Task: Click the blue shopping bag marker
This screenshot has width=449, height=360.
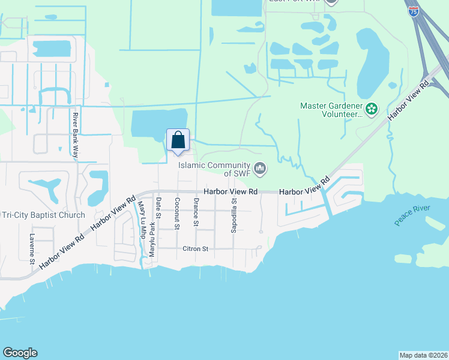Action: pyautogui.click(x=178, y=141)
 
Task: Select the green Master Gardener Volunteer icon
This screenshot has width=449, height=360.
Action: pyautogui.click(x=372, y=109)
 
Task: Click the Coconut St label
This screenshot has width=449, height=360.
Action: pyautogui.click(x=177, y=214)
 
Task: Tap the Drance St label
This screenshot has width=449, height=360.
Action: pyautogui.click(x=196, y=212)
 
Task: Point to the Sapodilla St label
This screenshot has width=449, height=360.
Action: pyautogui.click(x=235, y=214)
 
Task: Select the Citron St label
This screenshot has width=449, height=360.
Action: pyautogui.click(x=195, y=248)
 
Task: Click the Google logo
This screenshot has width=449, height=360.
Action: pyautogui.click(x=20, y=353)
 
